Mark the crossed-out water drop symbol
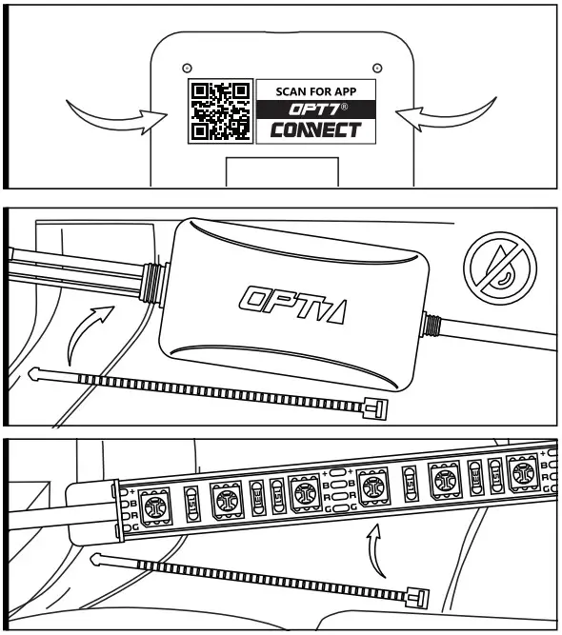point(494,267)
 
